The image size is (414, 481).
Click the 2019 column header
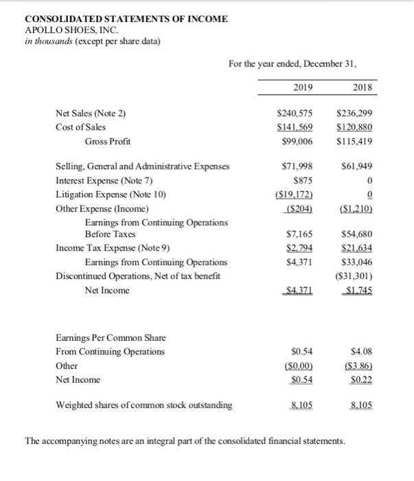tap(293, 87)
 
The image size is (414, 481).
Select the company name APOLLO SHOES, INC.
tap(71, 30)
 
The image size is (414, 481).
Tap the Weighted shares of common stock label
tap(143, 405)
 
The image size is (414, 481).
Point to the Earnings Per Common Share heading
tap(106, 338)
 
